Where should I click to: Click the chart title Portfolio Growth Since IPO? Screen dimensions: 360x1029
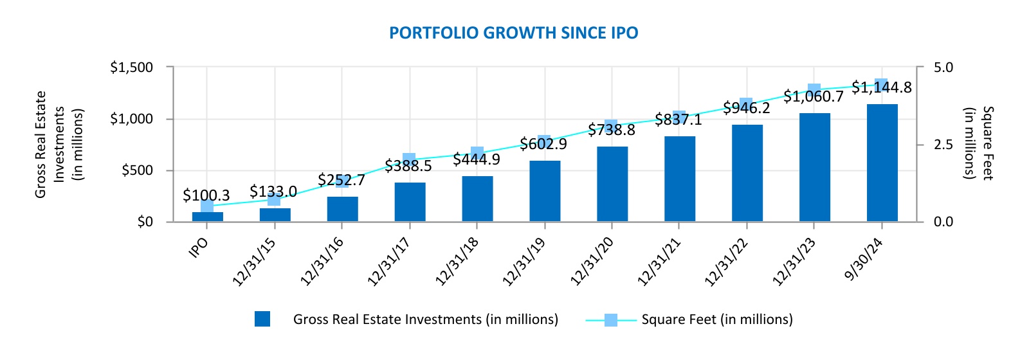point(513,33)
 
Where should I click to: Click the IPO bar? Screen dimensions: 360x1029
point(207,217)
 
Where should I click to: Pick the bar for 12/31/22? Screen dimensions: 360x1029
point(747,173)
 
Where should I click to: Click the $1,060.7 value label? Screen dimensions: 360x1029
point(813,97)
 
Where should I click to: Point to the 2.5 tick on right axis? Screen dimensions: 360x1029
point(943,145)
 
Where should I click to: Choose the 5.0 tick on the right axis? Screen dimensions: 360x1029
point(943,67)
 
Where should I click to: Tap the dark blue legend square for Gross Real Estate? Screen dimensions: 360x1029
point(262,319)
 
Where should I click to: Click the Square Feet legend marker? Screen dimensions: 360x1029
point(610,319)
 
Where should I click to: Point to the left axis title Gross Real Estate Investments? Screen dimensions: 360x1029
point(59,145)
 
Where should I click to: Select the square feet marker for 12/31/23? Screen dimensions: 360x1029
point(814,90)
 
